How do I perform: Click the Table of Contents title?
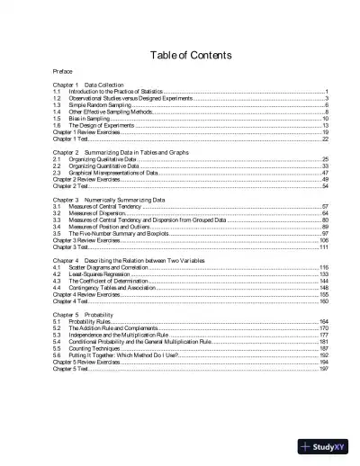pyautogui.click(x=179, y=55)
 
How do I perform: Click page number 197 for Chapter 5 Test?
pyautogui.click(x=323, y=369)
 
